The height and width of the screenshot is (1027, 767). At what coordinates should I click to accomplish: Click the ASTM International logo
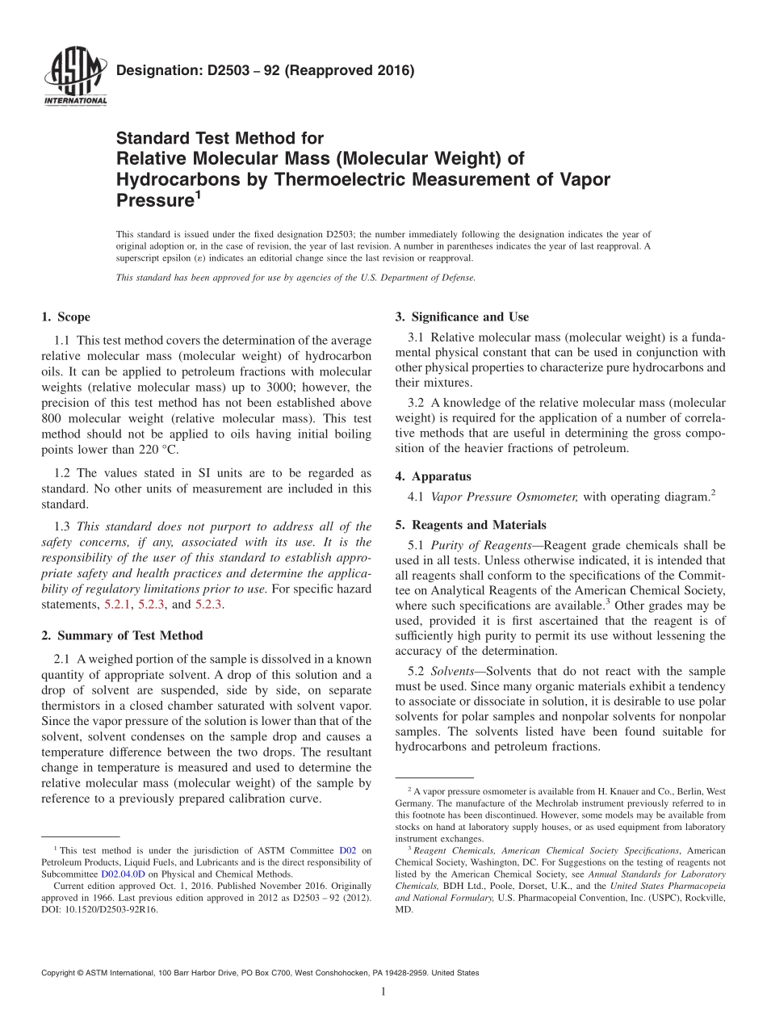coord(73,76)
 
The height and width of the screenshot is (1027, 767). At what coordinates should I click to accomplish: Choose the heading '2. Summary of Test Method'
coord(122,635)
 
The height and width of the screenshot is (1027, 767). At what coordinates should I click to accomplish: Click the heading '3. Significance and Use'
coord(462,316)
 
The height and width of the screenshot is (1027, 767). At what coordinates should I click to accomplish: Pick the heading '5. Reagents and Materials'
coord(470,525)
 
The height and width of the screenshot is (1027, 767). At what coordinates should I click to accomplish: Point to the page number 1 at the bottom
coord(383,992)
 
